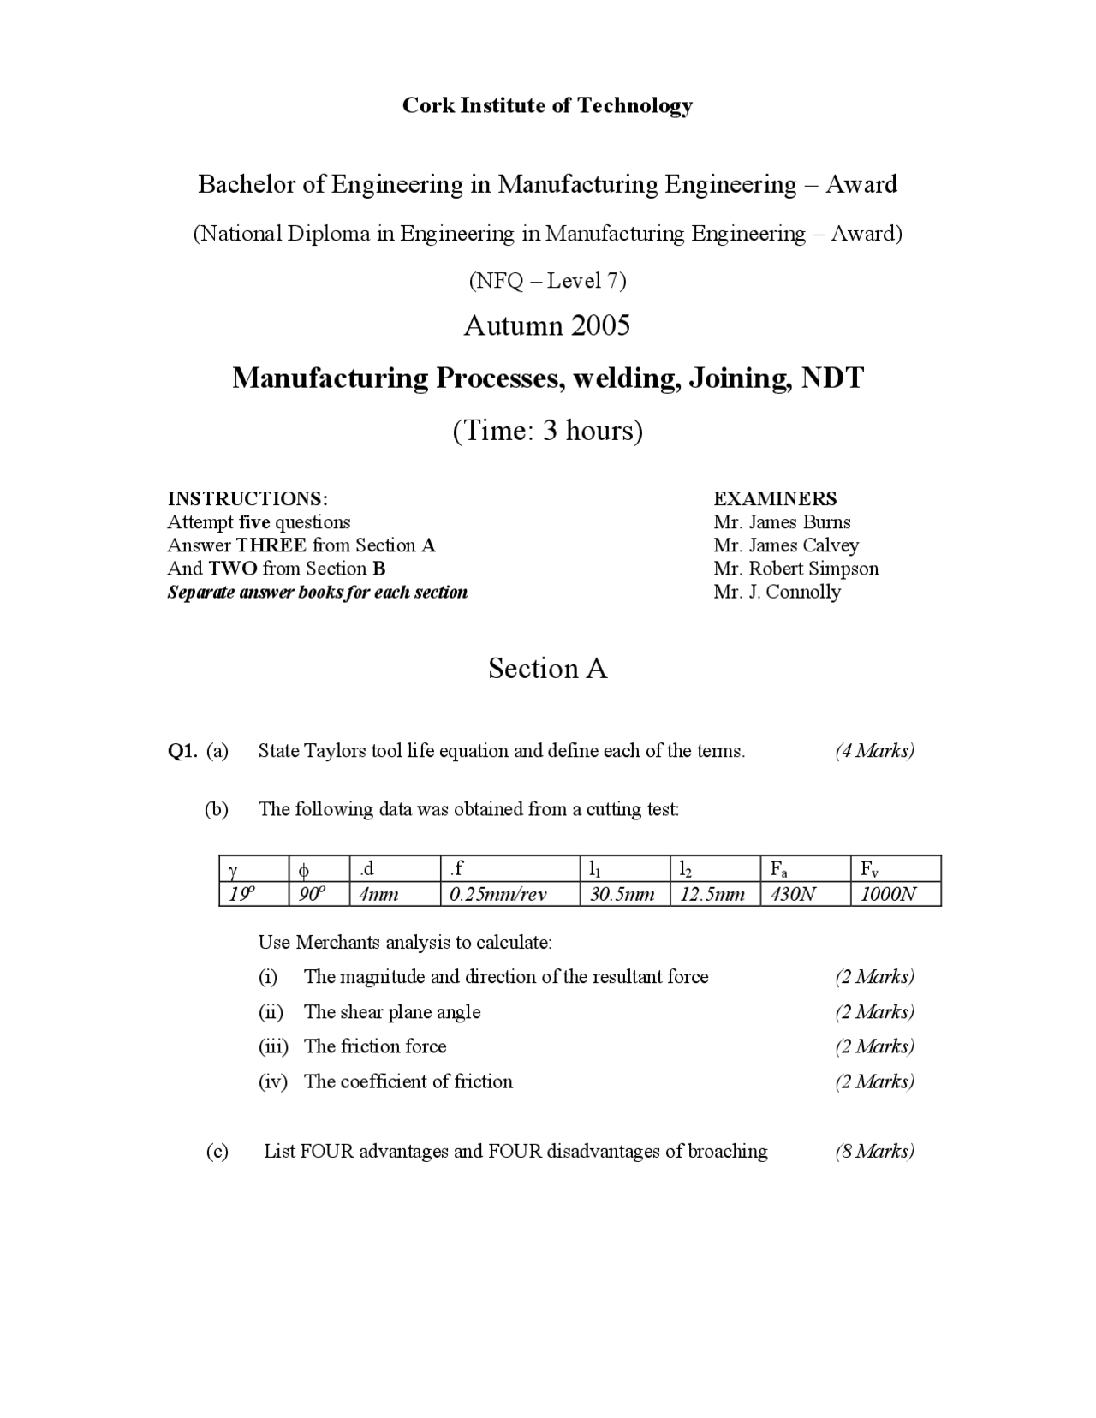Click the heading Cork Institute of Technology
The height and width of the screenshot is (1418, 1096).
547,105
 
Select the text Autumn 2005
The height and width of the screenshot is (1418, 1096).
547,325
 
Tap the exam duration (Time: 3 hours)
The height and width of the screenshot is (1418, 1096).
547,430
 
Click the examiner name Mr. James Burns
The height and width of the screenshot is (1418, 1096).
782,522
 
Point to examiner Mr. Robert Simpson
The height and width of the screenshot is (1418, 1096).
795,569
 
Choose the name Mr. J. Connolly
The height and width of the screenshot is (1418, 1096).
777,592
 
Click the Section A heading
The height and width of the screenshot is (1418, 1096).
547,669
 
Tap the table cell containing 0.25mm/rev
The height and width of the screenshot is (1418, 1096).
498,895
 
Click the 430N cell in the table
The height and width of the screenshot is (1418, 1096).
793,895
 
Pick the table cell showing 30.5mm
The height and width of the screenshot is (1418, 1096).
622,895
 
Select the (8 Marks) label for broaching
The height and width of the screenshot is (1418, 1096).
874,1151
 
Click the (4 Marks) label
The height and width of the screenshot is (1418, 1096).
874,751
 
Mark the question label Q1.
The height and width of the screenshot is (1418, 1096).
182,751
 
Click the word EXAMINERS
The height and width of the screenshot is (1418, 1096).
775,499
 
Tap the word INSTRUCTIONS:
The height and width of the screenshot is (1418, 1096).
247,499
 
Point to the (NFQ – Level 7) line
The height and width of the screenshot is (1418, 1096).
547,281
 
